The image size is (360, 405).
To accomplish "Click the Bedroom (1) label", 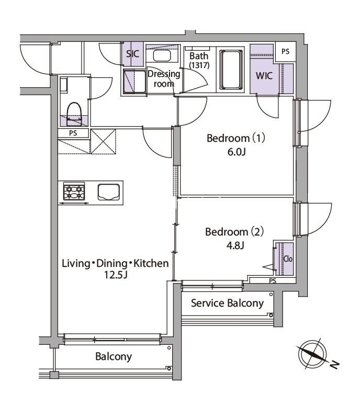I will coord(237,139).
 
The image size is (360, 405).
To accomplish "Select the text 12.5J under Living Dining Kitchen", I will coord(115,275).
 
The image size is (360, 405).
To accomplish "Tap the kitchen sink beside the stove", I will coord(109,192).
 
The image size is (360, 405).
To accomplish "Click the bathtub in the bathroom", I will coord(230,70).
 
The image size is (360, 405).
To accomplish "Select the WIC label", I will coord(264,76).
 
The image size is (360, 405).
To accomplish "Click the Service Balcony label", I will coord(227,303).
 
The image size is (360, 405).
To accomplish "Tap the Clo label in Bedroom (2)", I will coord(287,258).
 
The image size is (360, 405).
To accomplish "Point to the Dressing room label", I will coord(163,78).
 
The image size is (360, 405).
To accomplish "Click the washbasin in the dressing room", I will coord(161,56).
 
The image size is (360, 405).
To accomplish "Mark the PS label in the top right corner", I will coord(285,51).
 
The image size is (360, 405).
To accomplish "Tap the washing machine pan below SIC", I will coord(134,82).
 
